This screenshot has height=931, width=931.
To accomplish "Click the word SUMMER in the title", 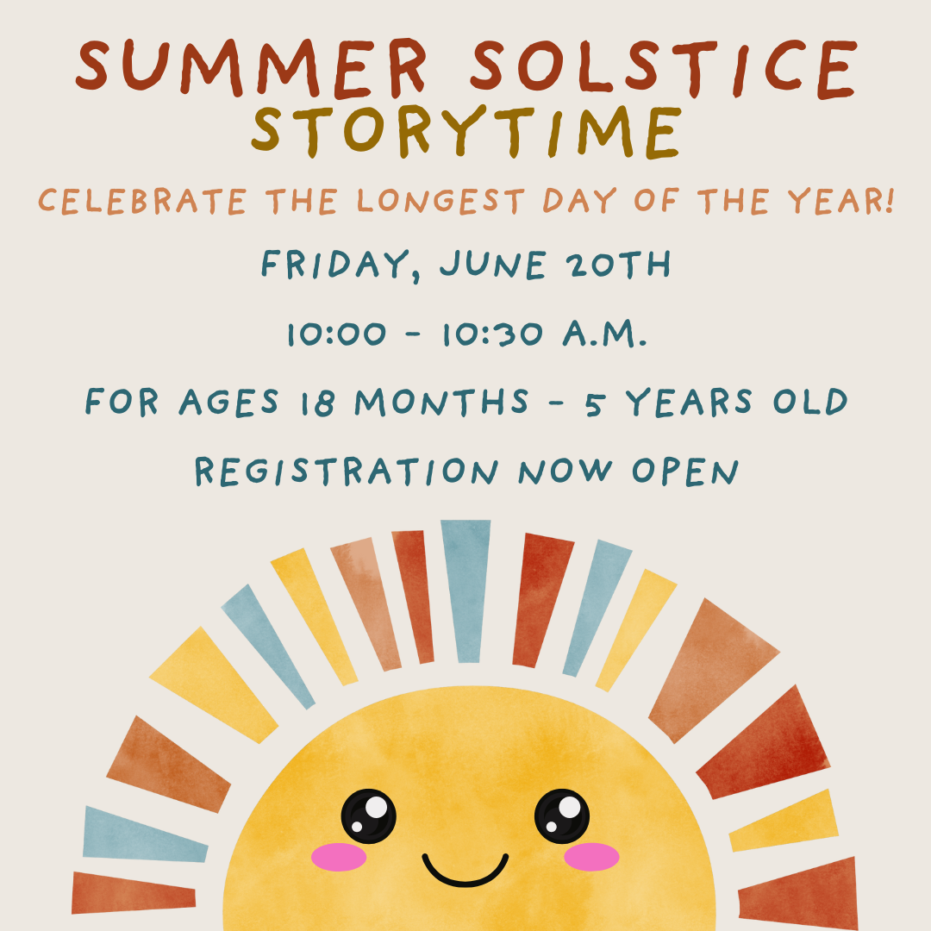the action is click(252, 67).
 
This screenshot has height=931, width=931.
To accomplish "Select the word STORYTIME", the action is click(465, 132).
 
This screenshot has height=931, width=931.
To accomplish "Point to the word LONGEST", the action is click(441, 201).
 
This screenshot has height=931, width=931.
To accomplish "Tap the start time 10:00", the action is click(337, 334).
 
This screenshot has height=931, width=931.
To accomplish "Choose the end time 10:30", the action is click(493, 334).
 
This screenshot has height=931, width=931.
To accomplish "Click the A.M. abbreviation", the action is click(604, 333).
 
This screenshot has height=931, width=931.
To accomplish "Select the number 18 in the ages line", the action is click(317, 403).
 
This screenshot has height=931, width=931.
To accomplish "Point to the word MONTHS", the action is click(441, 402).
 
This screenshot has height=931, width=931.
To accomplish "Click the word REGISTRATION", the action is click(347, 472).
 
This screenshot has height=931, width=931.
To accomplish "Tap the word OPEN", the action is click(685, 472).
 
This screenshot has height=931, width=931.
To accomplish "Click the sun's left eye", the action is click(368, 815).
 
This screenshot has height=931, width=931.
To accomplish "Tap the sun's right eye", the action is click(562, 815).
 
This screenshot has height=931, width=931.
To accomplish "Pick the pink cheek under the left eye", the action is click(339, 857).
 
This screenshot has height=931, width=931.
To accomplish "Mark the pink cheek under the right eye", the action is click(591, 857).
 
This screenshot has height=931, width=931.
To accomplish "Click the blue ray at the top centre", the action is click(466, 590).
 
